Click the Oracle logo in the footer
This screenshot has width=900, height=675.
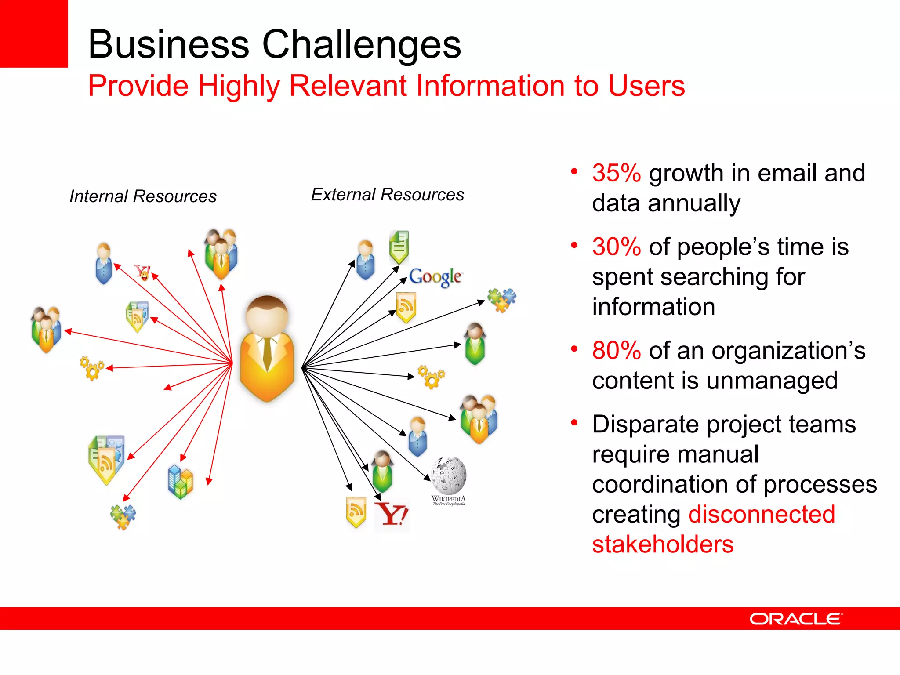(x=796, y=619)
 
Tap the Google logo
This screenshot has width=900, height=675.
(x=435, y=277)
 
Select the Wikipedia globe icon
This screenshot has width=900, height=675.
(x=449, y=475)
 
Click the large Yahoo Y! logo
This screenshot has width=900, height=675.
(x=392, y=514)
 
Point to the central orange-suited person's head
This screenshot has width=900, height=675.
(x=267, y=315)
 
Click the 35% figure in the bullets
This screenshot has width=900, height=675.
(x=616, y=173)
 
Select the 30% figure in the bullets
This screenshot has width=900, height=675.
(x=616, y=247)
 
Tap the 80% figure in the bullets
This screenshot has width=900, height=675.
(x=616, y=351)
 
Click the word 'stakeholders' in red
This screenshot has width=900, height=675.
(x=663, y=544)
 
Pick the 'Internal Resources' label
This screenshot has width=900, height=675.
(x=143, y=196)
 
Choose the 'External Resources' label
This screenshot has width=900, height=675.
(x=387, y=195)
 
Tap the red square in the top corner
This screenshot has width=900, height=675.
(x=33, y=33)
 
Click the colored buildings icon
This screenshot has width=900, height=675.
(x=180, y=482)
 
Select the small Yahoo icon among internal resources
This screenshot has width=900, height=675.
(x=142, y=272)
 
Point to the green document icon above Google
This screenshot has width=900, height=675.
(x=399, y=247)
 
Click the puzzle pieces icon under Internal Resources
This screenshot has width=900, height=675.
(x=123, y=517)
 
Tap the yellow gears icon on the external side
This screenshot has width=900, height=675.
(x=431, y=377)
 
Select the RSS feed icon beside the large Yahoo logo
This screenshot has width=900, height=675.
(x=356, y=512)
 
